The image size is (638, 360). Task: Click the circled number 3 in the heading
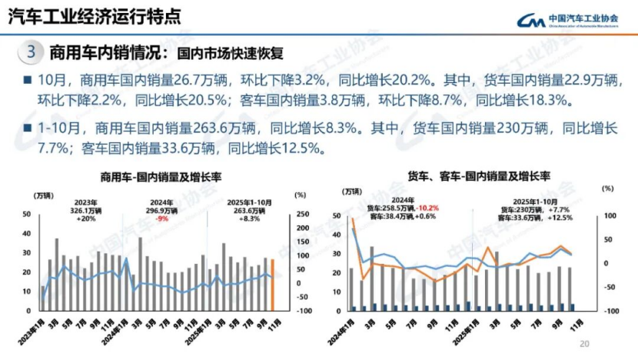click(x=31, y=53)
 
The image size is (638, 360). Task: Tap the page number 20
click(x=584, y=344)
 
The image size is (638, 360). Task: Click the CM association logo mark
click(x=530, y=20)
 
